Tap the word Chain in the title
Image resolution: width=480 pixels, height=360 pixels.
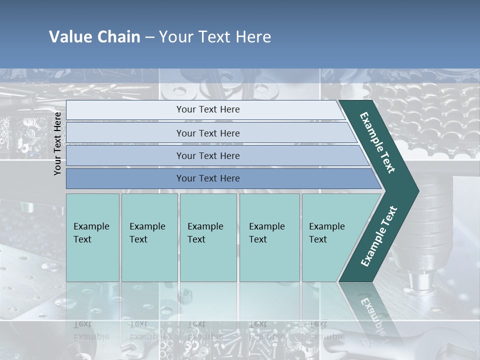tap(118, 37)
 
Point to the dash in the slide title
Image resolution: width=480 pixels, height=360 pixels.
tap(150, 37)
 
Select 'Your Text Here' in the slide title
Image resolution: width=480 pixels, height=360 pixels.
tap(215, 37)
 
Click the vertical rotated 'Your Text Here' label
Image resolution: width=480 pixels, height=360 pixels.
tap(57, 143)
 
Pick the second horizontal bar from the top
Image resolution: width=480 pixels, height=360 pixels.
tap(207, 133)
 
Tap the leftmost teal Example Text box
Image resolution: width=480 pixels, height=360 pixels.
tap(92, 237)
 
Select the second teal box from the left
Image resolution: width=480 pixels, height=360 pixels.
tap(149, 237)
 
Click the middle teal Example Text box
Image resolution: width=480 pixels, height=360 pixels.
tap(208, 237)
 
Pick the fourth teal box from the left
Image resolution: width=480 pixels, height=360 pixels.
tap(269, 237)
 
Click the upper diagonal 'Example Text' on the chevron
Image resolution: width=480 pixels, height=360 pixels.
tap(377, 142)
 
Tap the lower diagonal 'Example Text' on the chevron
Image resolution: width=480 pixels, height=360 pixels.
tap(379, 236)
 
